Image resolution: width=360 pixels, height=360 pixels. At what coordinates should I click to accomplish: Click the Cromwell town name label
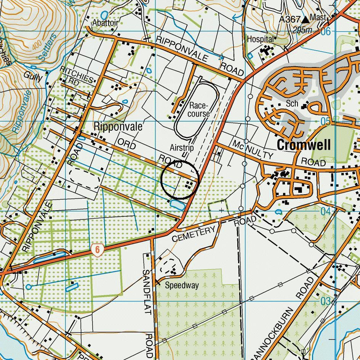304,145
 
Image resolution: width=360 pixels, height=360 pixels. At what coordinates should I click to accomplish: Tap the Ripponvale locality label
118,126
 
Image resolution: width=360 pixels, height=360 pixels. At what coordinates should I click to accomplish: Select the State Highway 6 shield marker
98,250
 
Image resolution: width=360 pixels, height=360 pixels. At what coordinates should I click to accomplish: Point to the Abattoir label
105,23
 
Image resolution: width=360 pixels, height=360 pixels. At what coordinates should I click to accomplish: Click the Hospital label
260,39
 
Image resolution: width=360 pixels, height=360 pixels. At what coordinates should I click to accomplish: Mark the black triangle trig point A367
306,19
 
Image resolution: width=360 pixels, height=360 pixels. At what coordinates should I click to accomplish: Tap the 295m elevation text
302,30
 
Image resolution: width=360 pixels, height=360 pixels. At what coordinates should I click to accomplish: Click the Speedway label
182,285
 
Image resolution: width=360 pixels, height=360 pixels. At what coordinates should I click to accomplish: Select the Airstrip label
182,148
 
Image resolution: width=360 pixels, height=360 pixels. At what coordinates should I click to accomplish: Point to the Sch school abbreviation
292,104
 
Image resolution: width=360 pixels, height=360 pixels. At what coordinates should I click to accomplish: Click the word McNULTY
253,150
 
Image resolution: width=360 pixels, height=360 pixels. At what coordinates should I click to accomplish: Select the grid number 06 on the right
325,32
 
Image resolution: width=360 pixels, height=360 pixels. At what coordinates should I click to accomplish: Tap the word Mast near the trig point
318,18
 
